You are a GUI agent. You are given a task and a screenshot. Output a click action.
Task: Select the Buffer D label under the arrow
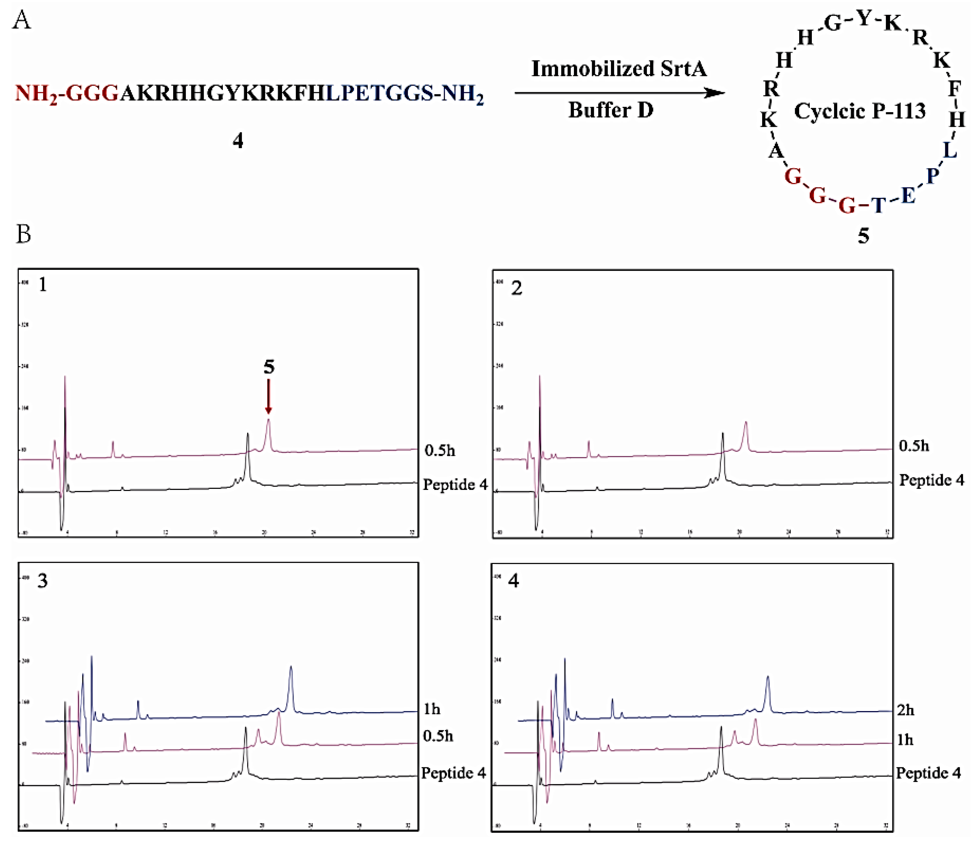coord(611,110)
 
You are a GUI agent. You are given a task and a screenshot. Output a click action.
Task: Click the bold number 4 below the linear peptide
coord(238,141)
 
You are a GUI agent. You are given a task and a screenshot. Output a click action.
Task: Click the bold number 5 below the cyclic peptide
coord(863,236)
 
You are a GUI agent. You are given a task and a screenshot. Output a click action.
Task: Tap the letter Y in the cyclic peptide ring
coord(864,19)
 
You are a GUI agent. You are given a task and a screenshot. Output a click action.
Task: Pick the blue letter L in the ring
coord(950,151)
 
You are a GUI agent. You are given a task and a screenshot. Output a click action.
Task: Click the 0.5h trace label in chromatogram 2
coord(914,446)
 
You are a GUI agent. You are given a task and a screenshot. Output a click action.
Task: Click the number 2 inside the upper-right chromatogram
coord(516,288)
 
